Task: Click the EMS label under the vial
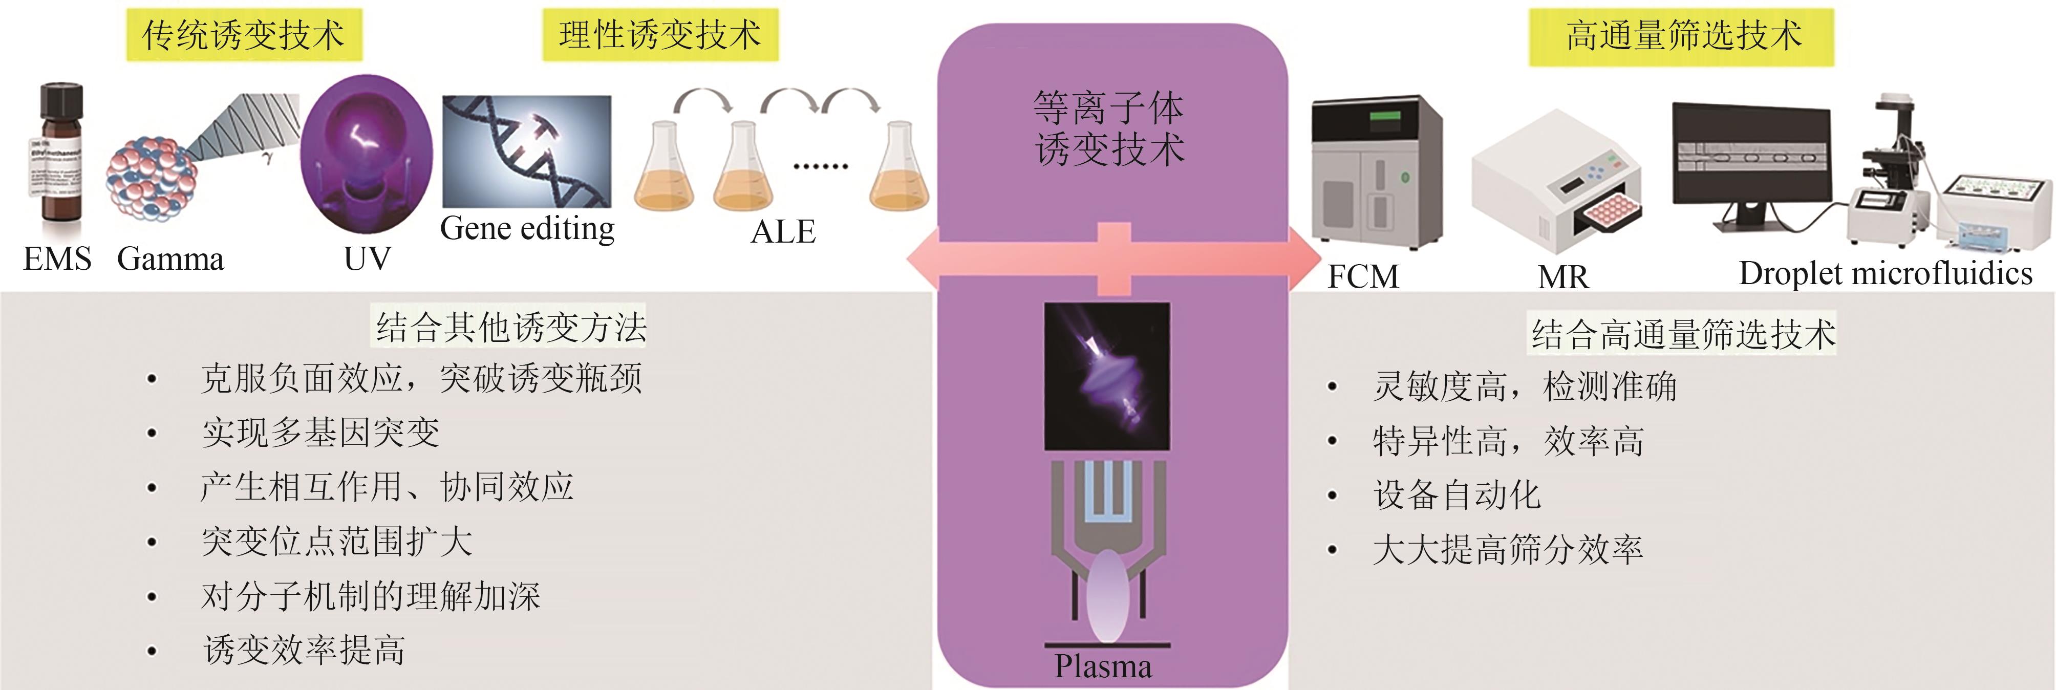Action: [57, 259]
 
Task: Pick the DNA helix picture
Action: [527, 152]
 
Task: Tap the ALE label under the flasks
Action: [782, 232]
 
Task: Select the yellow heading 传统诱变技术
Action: [243, 36]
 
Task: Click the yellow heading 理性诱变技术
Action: [660, 36]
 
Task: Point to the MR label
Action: [1563, 277]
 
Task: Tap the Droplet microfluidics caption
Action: [1885, 274]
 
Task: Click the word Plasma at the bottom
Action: [1103, 666]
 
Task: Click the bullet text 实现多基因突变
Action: [321, 433]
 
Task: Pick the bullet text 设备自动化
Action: [1457, 495]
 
